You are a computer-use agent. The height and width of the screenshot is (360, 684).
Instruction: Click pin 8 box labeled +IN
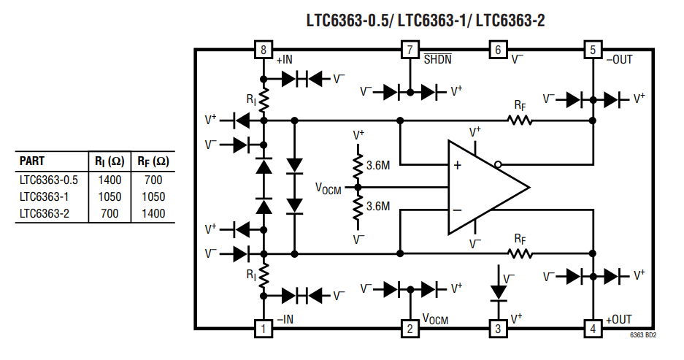point(263,50)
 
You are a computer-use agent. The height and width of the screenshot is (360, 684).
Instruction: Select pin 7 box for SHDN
point(410,50)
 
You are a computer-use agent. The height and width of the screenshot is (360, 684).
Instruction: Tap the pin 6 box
point(498,50)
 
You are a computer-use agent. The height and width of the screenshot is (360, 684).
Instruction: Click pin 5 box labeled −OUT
point(593,50)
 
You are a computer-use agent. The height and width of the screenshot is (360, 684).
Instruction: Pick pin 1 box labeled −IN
point(263,329)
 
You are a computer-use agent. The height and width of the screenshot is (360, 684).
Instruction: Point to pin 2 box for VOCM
point(410,329)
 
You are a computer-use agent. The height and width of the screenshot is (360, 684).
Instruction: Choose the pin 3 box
point(498,329)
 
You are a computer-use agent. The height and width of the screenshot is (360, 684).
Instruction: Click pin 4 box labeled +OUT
point(593,329)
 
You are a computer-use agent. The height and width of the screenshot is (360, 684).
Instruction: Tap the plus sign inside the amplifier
point(458,165)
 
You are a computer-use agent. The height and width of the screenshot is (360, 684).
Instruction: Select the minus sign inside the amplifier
point(458,210)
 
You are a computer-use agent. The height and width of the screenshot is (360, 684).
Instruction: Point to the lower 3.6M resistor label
point(379,207)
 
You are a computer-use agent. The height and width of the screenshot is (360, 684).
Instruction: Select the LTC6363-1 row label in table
point(45,196)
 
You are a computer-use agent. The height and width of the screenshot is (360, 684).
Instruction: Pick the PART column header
point(32,161)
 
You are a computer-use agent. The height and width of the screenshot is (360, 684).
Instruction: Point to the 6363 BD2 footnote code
point(643,335)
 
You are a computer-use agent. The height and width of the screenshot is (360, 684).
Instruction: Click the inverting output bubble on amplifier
point(498,164)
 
